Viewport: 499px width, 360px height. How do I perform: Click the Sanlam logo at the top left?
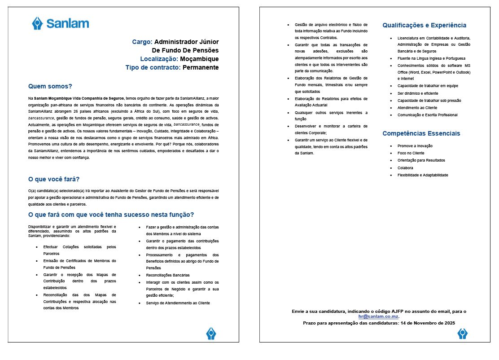pos(60,23)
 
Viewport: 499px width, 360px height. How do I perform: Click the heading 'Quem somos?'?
pos(50,86)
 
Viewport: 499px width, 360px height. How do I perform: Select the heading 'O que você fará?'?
pos(54,180)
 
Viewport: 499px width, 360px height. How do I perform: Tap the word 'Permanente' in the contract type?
pos(201,67)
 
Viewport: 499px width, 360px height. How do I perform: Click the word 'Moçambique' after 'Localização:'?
pos(199,59)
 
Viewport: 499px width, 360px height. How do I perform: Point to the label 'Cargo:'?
pos(142,42)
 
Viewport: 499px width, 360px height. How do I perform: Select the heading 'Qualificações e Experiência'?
pos(424,26)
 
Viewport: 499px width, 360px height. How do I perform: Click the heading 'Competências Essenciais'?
pos(421,133)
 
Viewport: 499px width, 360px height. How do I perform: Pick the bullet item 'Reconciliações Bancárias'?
pos(168,275)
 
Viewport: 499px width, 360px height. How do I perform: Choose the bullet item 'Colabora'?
pos(406,168)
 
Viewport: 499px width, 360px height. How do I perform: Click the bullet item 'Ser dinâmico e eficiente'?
pos(418,93)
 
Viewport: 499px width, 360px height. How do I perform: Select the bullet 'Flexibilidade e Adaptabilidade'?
pos(422,175)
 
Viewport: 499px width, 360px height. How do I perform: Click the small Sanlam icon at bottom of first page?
pos(211,333)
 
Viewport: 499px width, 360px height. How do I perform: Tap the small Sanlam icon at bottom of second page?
pos(462,333)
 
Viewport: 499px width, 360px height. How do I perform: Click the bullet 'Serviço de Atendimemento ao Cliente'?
pos(178,303)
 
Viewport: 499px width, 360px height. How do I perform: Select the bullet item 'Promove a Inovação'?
pos(415,146)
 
